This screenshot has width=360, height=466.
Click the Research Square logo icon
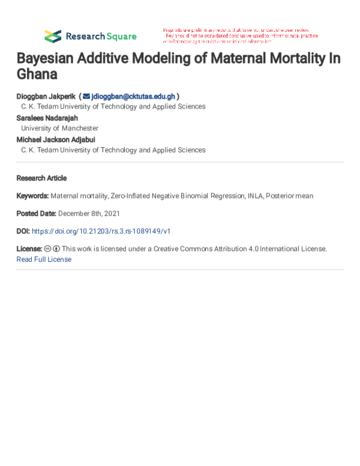tap(53, 36)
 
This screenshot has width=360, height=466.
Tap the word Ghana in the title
tap(37, 74)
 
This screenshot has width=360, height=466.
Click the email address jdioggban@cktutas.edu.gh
tap(133, 96)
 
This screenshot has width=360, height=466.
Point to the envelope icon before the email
tap(86, 96)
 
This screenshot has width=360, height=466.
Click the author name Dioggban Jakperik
tap(46, 96)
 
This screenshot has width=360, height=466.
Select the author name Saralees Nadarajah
tap(47, 118)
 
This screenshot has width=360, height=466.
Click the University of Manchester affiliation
tap(59, 129)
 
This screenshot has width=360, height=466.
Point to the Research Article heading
tap(41, 178)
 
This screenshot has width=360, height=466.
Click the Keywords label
tap(32, 196)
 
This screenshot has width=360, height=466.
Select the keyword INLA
tap(254, 196)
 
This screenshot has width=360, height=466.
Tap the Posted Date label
tap(36, 213)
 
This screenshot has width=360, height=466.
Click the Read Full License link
tap(44, 259)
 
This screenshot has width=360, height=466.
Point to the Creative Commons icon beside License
tap(47, 249)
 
